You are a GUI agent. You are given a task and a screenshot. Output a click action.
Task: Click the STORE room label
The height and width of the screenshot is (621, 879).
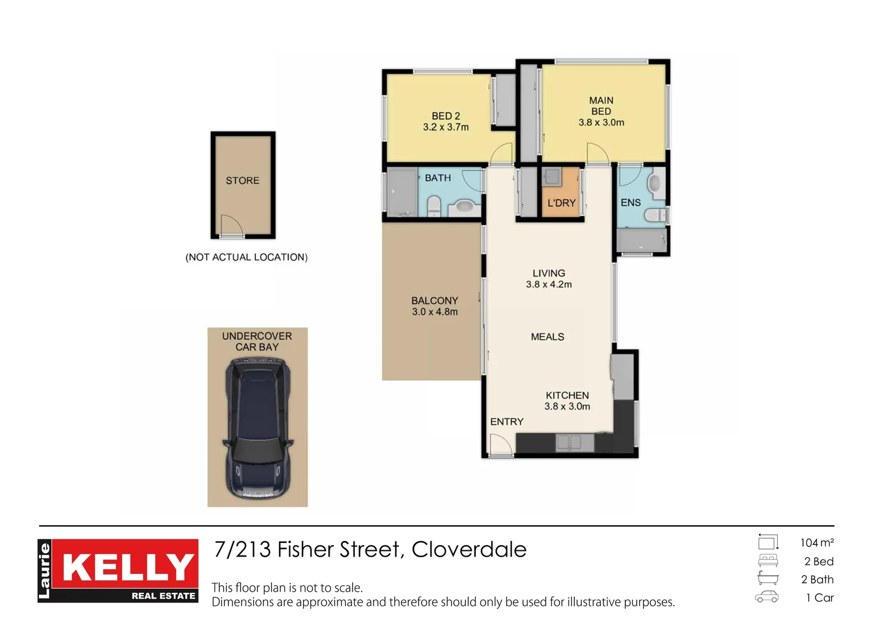click(x=242, y=181)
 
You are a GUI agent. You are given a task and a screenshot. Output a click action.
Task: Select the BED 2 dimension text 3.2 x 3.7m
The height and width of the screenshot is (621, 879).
click(x=446, y=127)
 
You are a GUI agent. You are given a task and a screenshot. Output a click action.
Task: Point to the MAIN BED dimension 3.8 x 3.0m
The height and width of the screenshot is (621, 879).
click(x=601, y=122)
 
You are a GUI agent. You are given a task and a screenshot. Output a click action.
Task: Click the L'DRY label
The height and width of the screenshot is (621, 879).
click(x=561, y=203)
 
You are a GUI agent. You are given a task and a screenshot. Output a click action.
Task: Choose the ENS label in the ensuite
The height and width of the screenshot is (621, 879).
click(x=630, y=202)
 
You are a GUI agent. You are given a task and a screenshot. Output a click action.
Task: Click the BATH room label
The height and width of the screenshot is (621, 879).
click(x=438, y=178)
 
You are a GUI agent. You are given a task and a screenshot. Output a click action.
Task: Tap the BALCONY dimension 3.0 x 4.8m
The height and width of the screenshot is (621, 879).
click(x=435, y=312)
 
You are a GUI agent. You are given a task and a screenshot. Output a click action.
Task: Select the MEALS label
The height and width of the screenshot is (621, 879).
click(x=548, y=336)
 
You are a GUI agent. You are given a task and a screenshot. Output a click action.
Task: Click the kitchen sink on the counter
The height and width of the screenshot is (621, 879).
click(x=575, y=443)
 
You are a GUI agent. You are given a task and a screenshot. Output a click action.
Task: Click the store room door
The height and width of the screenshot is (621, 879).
click(x=231, y=225)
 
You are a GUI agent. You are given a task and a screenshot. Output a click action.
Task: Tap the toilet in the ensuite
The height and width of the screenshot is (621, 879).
click(x=655, y=215)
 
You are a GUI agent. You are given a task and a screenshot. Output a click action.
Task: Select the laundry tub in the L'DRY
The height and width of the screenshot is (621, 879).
click(x=552, y=177)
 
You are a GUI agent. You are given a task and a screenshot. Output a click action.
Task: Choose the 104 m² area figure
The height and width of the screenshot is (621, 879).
click(x=817, y=543)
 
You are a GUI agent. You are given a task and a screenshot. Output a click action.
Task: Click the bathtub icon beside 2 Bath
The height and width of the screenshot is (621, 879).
click(x=768, y=578)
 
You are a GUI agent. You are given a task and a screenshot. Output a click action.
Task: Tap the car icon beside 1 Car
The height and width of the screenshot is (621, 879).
click(x=767, y=597)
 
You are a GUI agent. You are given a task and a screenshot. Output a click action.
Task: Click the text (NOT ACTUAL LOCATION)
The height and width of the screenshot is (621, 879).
click(x=246, y=257)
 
